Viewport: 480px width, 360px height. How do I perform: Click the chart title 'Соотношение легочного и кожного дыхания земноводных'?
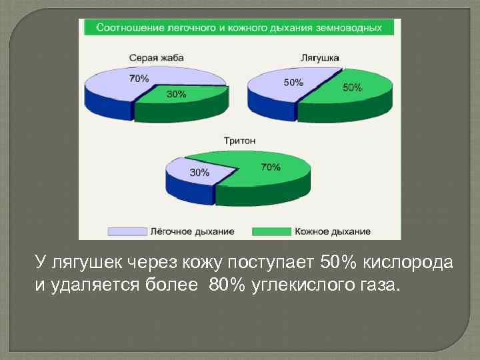click(239, 28)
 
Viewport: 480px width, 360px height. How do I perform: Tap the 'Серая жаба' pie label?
click(156, 58)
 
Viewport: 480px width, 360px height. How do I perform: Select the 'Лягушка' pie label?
click(321, 58)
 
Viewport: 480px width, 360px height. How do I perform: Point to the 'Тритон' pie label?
click(239, 141)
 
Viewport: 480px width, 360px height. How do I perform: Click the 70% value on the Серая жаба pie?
click(139, 79)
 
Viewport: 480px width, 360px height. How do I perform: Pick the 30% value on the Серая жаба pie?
click(176, 95)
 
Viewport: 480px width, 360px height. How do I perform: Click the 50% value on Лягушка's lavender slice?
click(293, 83)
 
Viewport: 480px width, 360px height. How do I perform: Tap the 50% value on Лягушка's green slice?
click(352, 88)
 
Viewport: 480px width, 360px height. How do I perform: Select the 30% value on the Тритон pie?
click(199, 172)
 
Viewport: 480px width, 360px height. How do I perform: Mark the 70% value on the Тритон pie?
click(270, 167)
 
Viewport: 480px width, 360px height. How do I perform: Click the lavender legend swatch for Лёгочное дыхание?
click(127, 231)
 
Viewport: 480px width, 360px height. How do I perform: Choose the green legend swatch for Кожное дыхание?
click(271, 231)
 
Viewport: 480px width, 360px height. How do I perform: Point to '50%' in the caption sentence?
click(338, 262)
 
